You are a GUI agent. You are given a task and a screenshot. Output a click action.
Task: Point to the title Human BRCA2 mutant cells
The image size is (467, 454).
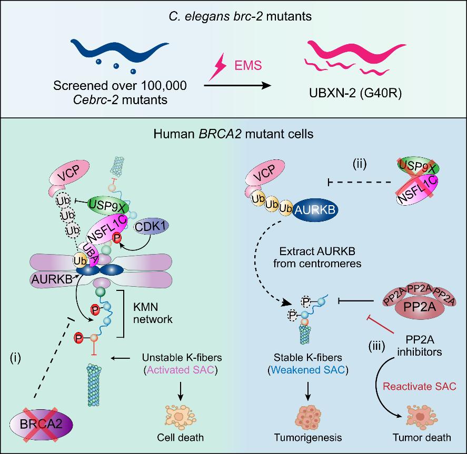point(233,134)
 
